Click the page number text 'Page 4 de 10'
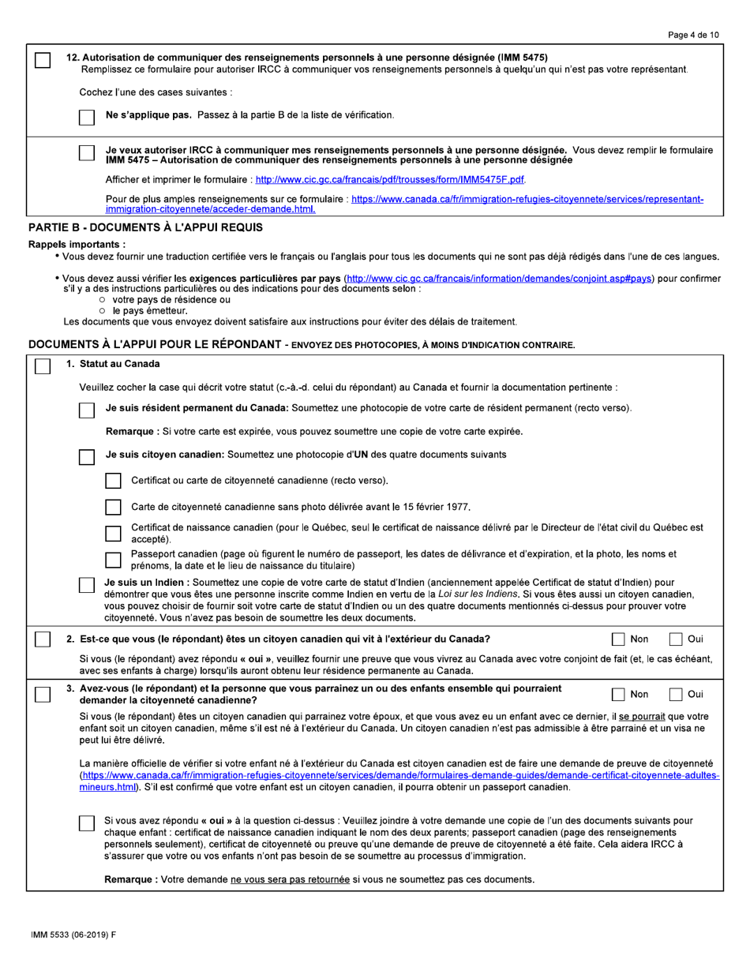point(692,36)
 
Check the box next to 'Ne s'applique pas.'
point(88,116)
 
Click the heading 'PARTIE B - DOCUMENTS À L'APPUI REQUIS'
point(144,227)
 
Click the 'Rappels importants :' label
point(77,245)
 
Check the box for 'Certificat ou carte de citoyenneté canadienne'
point(114,481)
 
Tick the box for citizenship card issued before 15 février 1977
point(114,507)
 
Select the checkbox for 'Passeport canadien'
point(114,560)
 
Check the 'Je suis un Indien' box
point(88,585)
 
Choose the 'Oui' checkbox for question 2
point(677,639)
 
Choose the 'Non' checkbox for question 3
point(620,694)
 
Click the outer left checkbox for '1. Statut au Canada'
point(43,366)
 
